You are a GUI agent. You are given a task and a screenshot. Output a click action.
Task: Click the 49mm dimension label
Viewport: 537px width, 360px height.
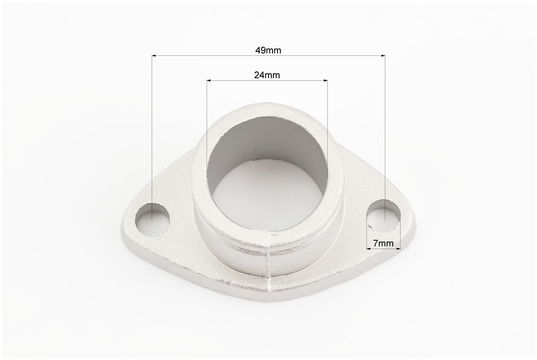click(x=268, y=50)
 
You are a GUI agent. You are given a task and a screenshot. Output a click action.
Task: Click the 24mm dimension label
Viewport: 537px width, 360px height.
click(x=267, y=75)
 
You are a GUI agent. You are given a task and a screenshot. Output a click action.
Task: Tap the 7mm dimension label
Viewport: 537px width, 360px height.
click(x=383, y=243)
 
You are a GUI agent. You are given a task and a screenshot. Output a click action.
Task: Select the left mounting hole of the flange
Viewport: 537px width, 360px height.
click(x=152, y=220)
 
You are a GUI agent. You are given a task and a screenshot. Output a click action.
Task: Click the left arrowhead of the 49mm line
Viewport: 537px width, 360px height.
click(x=154, y=55)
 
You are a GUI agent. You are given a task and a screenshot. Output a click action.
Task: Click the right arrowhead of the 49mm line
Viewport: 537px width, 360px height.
click(x=383, y=55)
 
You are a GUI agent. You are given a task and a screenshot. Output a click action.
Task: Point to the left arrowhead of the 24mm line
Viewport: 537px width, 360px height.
click(x=209, y=81)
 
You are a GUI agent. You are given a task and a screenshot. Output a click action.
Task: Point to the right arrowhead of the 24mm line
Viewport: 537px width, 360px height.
click(x=325, y=81)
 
